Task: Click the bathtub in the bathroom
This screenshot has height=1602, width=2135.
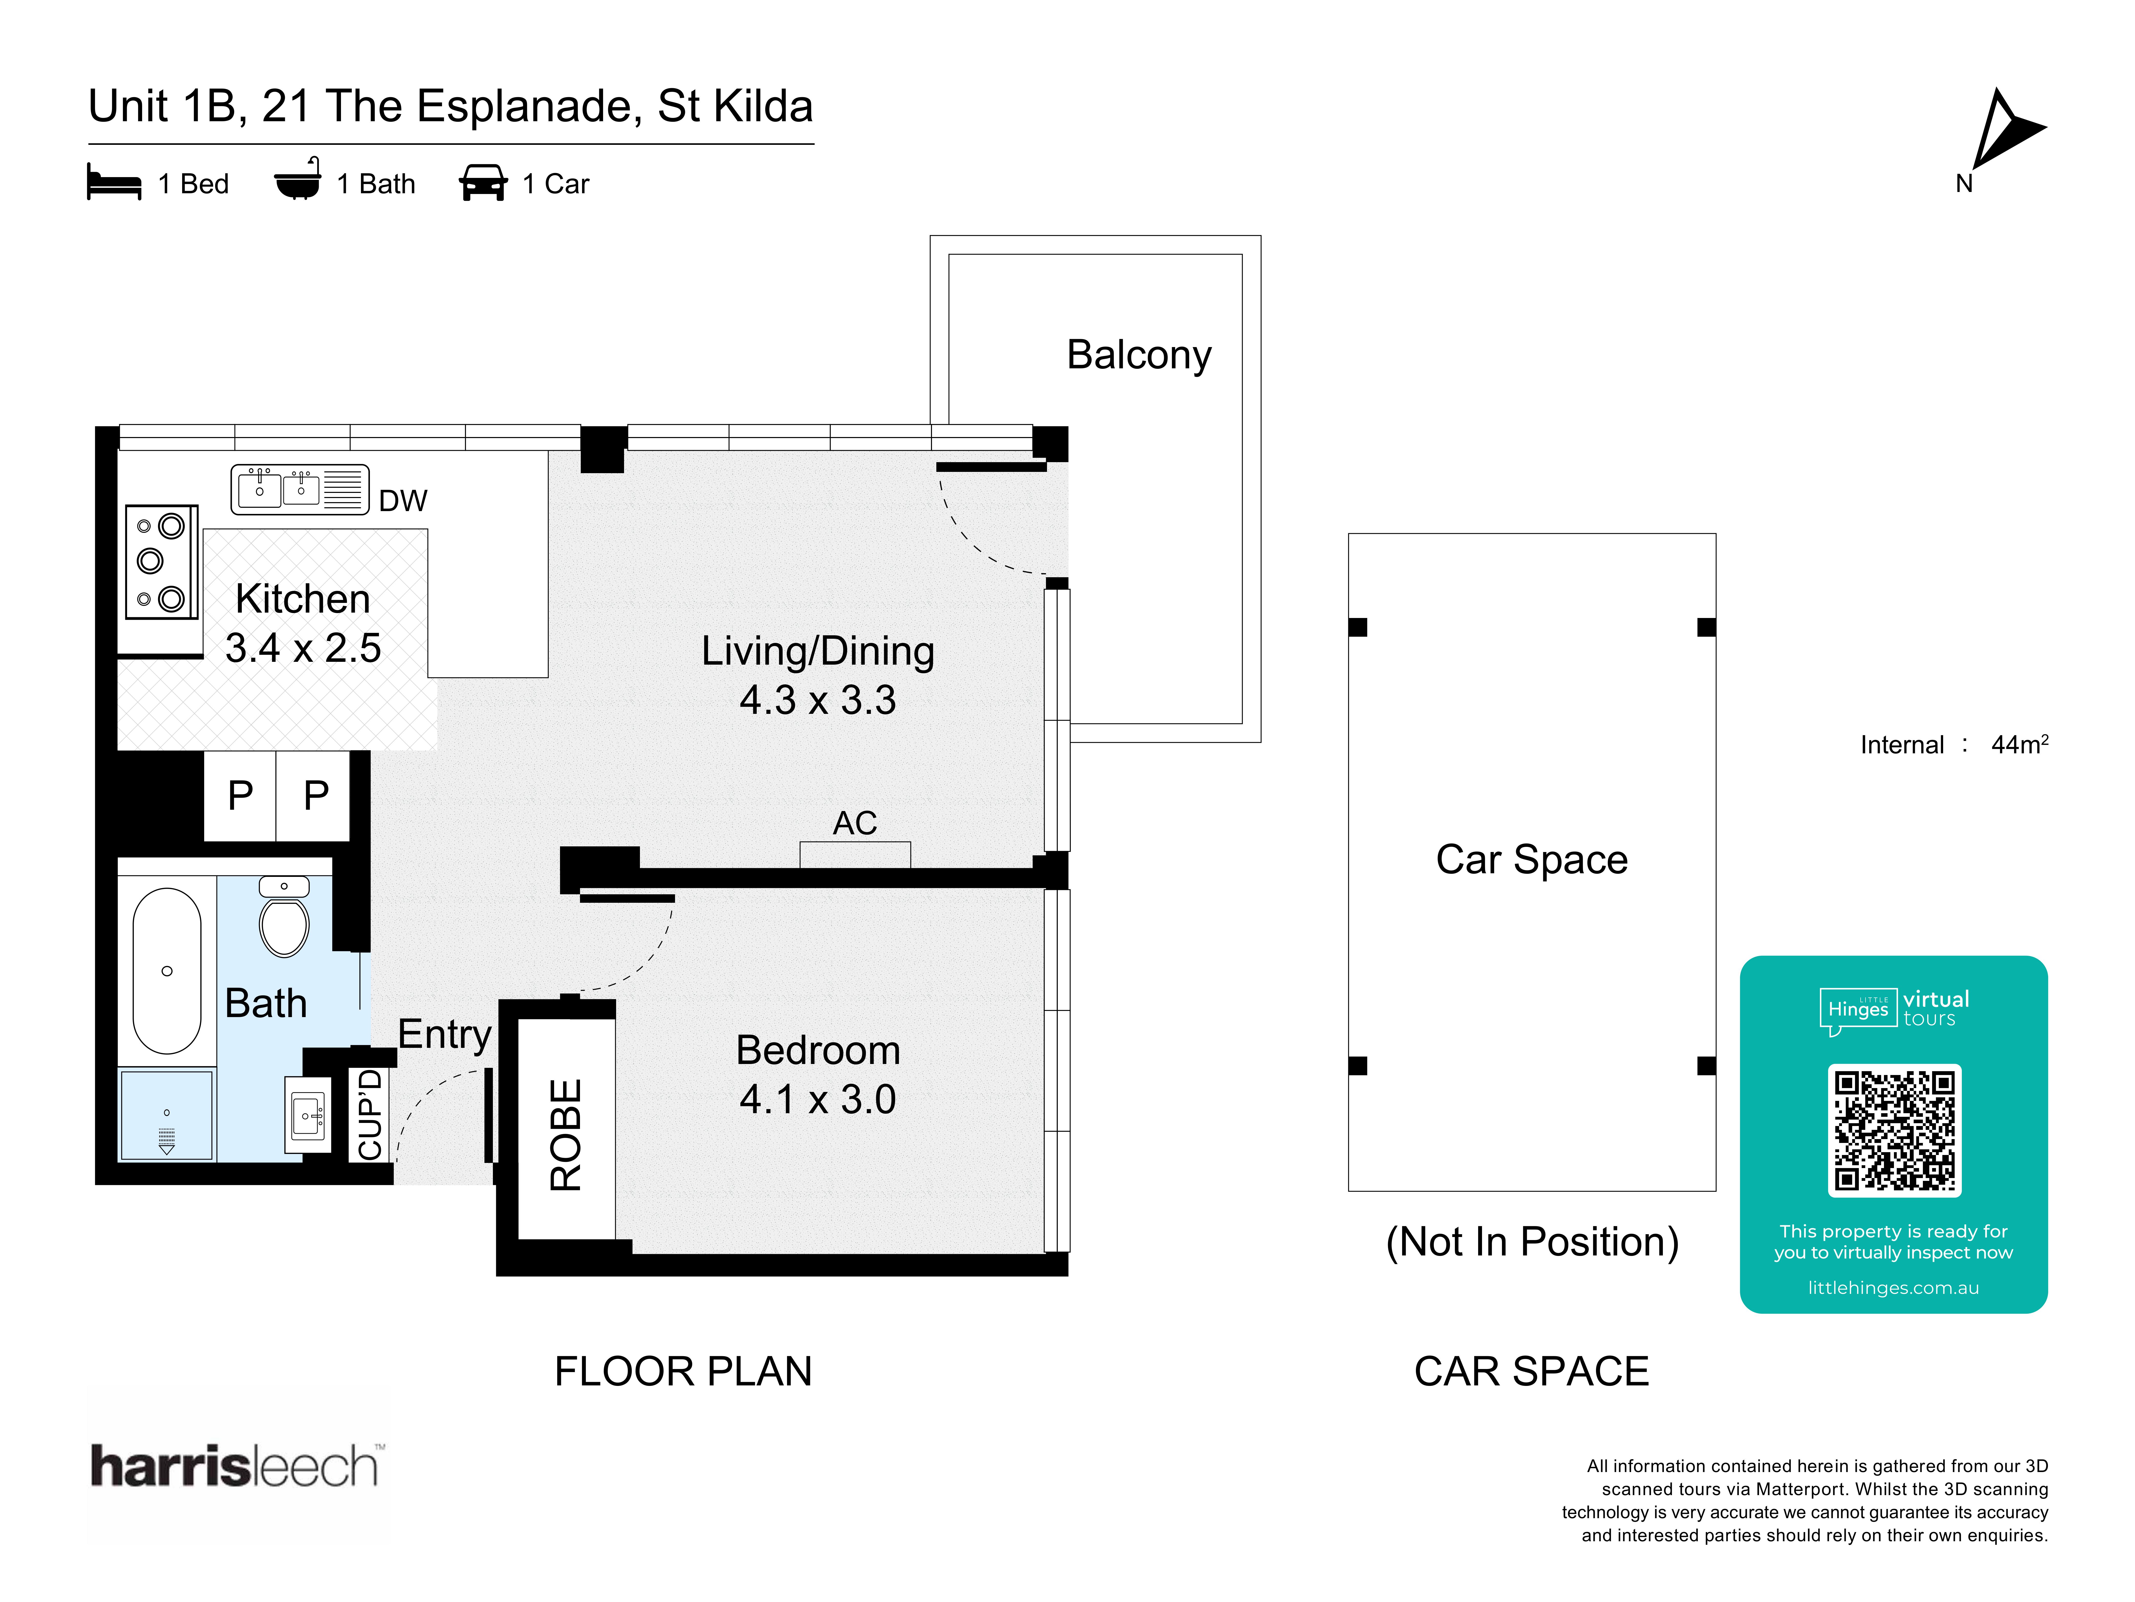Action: (x=167, y=970)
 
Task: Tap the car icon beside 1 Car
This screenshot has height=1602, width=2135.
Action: (x=483, y=182)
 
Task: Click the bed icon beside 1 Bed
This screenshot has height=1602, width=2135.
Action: (x=114, y=182)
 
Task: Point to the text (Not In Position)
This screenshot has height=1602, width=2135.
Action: (x=1532, y=1242)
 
